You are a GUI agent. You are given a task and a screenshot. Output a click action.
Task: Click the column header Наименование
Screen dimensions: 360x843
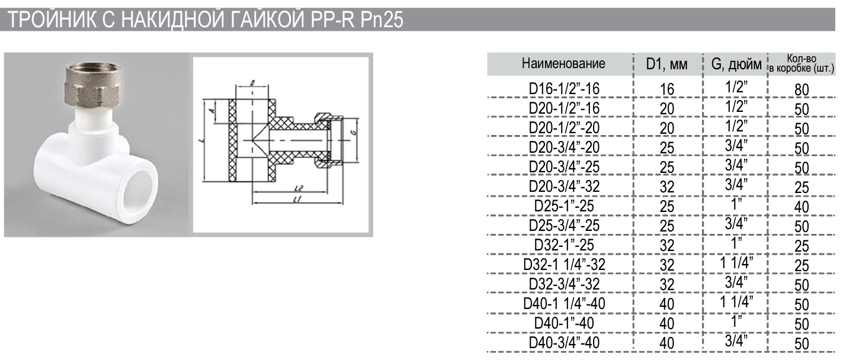(x=563, y=64)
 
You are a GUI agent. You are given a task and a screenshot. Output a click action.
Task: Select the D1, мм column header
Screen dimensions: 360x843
(x=666, y=65)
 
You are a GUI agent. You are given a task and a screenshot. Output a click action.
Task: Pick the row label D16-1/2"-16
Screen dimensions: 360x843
(x=564, y=89)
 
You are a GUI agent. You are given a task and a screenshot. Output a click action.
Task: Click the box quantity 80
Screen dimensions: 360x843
(x=802, y=90)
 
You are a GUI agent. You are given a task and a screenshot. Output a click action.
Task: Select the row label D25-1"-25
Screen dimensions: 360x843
(x=564, y=206)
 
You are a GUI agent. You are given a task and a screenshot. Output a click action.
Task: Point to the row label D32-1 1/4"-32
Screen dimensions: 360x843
(x=564, y=265)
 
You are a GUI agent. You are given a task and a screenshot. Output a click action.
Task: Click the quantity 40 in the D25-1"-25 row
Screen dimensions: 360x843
(x=802, y=207)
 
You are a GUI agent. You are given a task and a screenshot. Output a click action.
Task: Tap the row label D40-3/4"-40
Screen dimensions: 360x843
(x=564, y=343)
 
